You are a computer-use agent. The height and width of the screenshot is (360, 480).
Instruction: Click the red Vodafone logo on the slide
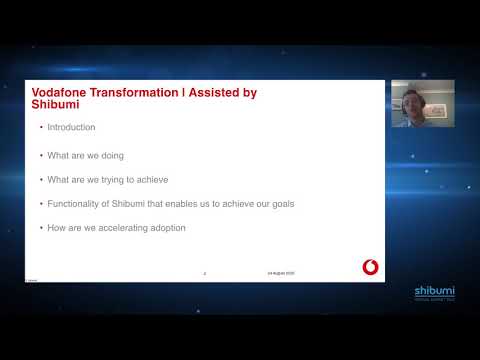(x=370, y=266)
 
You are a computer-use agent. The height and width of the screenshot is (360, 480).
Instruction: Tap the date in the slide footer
(x=281, y=273)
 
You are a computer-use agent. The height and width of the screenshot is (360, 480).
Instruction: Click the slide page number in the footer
(x=205, y=273)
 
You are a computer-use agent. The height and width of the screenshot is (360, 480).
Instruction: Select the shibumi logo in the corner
(x=434, y=292)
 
